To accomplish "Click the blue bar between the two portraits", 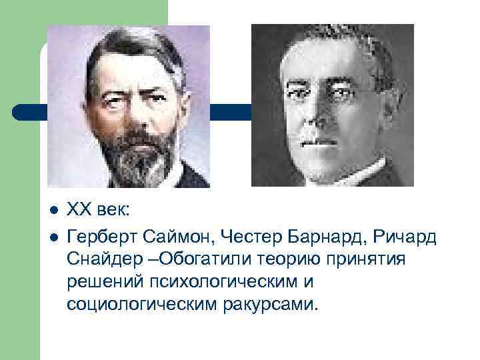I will pos(230,111).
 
